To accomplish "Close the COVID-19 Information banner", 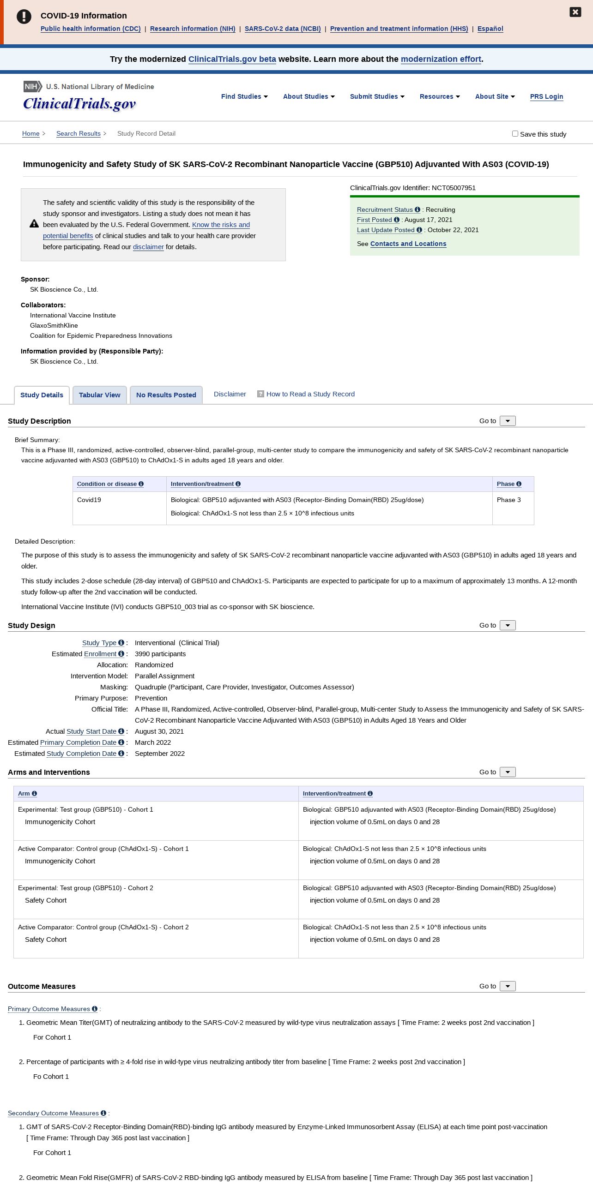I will click(x=575, y=12).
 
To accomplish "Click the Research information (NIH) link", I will click(x=193, y=29).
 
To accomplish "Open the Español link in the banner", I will click(x=490, y=29).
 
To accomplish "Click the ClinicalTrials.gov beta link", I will click(x=232, y=59).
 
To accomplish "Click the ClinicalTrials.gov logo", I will click(x=79, y=103).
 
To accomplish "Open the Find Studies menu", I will click(x=244, y=96).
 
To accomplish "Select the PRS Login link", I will click(x=546, y=96).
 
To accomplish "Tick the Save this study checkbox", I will click(x=515, y=134).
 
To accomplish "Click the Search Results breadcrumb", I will click(x=79, y=134).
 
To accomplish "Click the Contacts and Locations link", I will click(x=408, y=244).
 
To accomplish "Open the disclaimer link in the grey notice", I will click(x=148, y=247).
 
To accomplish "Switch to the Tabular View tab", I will click(x=99, y=395).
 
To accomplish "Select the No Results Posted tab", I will click(x=166, y=395).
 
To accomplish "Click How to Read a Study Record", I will click(x=310, y=394).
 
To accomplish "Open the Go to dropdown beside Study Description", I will click(x=508, y=421).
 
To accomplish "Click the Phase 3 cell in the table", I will click(x=508, y=500).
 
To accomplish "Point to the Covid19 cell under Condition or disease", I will click(x=89, y=500).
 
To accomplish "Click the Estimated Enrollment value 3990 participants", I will click(x=160, y=654).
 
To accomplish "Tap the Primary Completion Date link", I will click(x=78, y=742).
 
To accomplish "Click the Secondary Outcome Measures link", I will click(x=53, y=1113).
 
